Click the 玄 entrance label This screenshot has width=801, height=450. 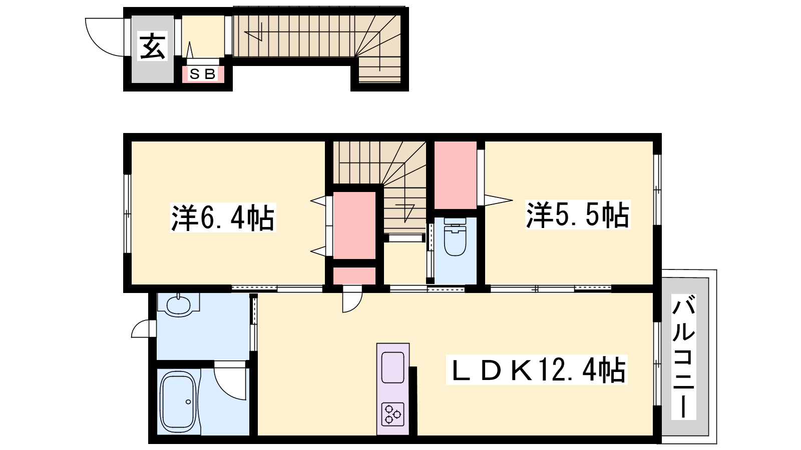click(152, 46)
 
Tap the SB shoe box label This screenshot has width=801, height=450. click(203, 74)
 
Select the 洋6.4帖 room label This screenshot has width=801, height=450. click(223, 217)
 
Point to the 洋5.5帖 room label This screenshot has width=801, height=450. click(578, 214)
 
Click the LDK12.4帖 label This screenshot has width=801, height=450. click(536, 369)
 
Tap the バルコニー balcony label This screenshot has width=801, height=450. click(683, 356)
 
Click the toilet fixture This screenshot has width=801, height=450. click(455, 237)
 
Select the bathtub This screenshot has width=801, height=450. click(178, 402)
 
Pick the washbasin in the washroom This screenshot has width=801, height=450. click(178, 304)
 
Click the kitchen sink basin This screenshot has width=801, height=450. click(392, 367)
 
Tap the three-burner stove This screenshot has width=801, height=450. click(392, 414)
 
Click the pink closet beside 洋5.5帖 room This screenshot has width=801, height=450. click(455, 175)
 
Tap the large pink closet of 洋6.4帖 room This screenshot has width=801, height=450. click(354, 225)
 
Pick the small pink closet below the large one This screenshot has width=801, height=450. click(354, 275)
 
